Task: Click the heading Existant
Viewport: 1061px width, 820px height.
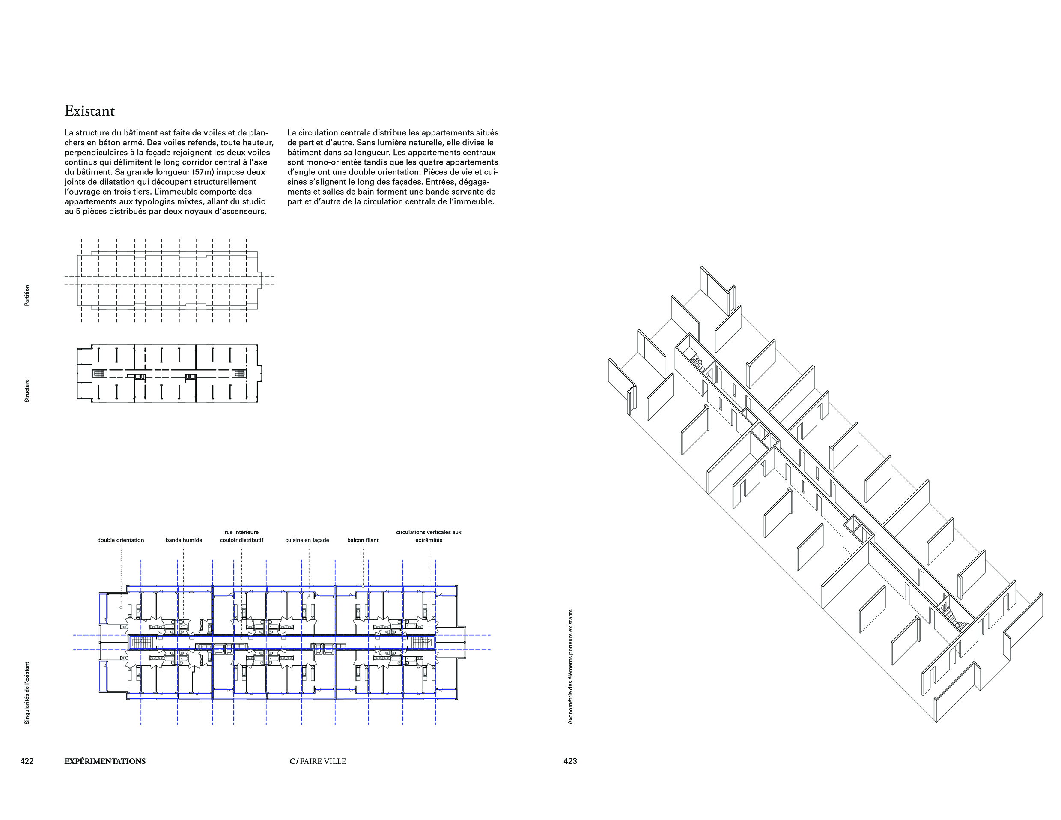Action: (89, 111)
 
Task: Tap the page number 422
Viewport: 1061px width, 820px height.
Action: (27, 761)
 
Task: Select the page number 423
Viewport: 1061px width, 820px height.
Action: (570, 761)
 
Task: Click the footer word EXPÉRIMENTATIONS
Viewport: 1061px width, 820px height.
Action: (105, 761)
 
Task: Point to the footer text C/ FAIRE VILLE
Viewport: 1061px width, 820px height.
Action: (318, 761)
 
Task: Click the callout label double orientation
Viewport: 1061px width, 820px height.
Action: (120, 540)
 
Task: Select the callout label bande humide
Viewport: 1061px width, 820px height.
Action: (184, 540)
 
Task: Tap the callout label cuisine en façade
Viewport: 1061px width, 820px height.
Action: (307, 540)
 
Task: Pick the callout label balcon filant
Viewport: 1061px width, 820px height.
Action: (363, 540)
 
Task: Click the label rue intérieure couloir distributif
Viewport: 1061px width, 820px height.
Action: (241, 536)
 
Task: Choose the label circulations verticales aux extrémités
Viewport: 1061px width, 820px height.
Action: (429, 536)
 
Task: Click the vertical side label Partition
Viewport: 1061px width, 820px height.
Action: (27, 296)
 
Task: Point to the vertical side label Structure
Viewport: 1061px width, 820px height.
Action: (27, 391)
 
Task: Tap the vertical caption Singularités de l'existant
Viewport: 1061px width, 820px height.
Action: (27, 693)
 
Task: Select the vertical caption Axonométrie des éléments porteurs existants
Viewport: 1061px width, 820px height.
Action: (570, 667)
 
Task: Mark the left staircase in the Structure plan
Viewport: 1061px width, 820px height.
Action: (98, 373)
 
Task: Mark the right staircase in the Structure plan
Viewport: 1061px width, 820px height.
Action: (239, 373)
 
